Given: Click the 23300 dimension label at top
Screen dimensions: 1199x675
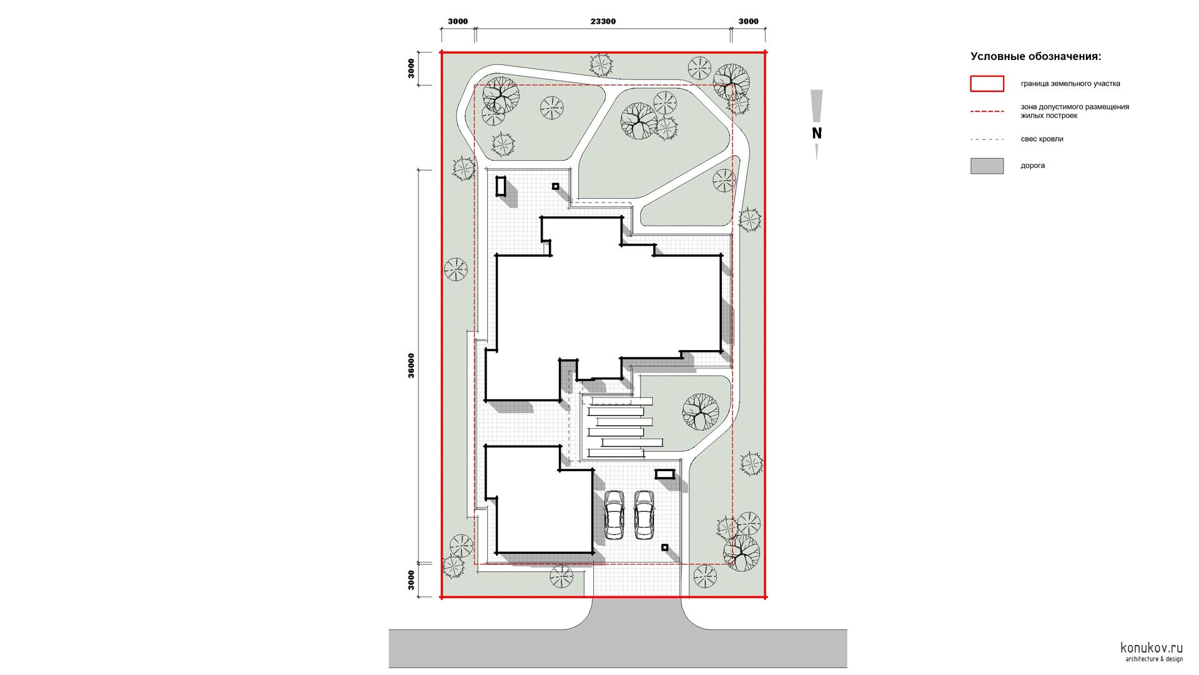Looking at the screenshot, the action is [x=603, y=21].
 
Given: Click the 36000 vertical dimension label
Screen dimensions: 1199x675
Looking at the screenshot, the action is [x=411, y=366].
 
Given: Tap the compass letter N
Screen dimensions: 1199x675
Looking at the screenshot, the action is [x=817, y=133].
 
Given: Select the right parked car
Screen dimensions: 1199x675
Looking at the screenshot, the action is [x=644, y=514].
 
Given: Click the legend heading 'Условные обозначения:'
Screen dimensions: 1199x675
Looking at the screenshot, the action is [x=1035, y=57].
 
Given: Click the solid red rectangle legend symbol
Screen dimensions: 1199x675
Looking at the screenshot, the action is [x=987, y=84].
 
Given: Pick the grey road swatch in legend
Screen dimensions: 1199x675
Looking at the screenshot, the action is [x=987, y=166].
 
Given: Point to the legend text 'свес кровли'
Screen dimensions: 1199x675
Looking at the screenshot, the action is [x=1042, y=139].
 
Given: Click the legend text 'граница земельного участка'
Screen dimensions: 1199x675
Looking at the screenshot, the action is [x=1070, y=84].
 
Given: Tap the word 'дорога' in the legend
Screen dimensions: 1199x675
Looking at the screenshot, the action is [x=1033, y=166].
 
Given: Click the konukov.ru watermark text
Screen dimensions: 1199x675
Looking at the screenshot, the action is [x=1152, y=647].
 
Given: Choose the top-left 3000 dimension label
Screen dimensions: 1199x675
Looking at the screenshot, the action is [x=458, y=21].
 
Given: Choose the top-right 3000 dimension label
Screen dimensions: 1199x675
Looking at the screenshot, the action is [x=748, y=21].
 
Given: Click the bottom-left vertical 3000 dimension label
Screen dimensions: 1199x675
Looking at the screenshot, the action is [x=411, y=580].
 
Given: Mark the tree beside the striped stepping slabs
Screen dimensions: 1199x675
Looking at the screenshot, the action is [x=701, y=411].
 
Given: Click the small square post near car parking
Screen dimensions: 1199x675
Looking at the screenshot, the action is [x=664, y=547].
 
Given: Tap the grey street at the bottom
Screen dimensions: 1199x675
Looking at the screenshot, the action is [x=618, y=648].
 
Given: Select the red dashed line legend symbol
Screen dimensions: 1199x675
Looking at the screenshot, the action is [x=987, y=111].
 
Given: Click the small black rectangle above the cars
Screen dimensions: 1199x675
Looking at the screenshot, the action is [x=665, y=474].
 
